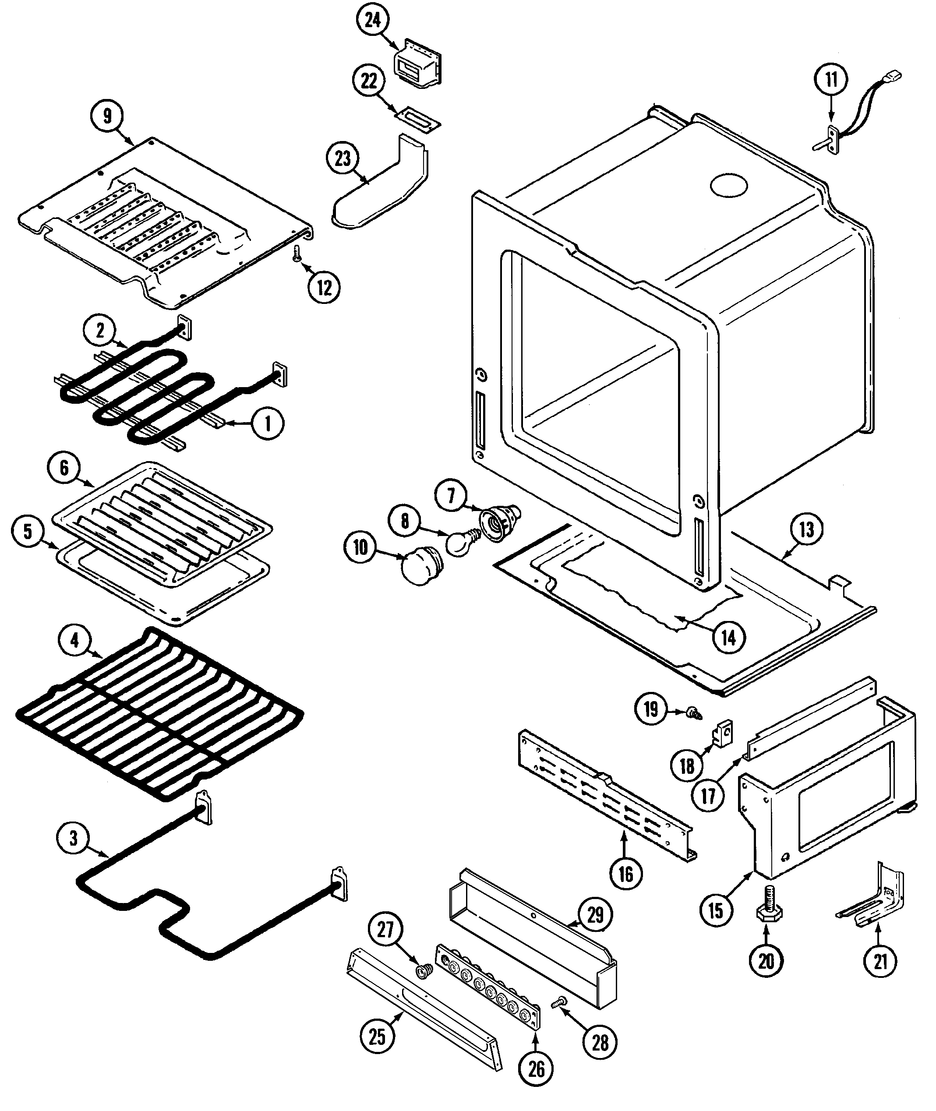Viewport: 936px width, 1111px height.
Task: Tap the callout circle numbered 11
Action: pyautogui.click(x=831, y=80)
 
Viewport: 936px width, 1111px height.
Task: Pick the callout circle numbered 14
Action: pyautogui.click(x=728, y=637)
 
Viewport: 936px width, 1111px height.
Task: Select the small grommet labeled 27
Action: pyautogui.click(x=424, y=971)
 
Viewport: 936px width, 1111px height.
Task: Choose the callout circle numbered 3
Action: pyautogui.click(x=73, y=838)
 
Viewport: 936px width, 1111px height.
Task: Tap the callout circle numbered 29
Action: pyautogui.click(x=595, y=915)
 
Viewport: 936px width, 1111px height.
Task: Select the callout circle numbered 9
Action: pyautogui.click(x=107, y=116)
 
